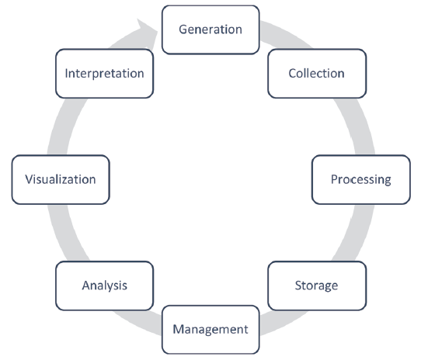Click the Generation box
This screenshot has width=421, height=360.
click(210, 29)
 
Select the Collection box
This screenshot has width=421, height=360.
click(317, 74)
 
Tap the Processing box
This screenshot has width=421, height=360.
click(361, 179)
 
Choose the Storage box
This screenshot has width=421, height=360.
click(317, 286)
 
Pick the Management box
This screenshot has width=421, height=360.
click(210, 330)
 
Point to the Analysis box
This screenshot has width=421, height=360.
click(104, 286)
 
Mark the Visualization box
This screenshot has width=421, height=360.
click(61, 179)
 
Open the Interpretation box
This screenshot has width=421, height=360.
click(104, 74)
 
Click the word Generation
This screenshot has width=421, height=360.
click(210, 29)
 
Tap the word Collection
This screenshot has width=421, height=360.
click(317, 73)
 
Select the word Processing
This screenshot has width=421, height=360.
click(361, 179)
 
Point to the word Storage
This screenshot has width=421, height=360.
click(317, 286)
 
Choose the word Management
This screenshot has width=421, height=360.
click(210, 330)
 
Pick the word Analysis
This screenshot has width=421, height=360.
click(104, 286)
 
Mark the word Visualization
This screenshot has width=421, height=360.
click(61, 179)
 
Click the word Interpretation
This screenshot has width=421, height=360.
click(104, 73)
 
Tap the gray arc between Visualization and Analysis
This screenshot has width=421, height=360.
click(64, 233)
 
